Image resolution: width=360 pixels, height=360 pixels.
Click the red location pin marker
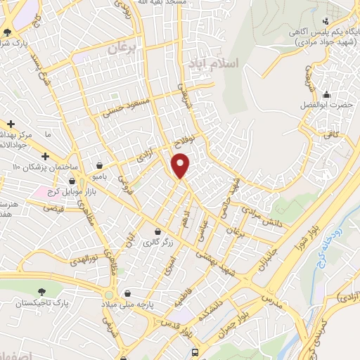click(181, 166)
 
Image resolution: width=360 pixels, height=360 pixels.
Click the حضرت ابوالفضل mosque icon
click(326, 94)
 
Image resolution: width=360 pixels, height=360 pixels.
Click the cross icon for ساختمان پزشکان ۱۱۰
click(45, 155)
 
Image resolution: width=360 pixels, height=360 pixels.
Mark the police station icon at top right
click(325, 20)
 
